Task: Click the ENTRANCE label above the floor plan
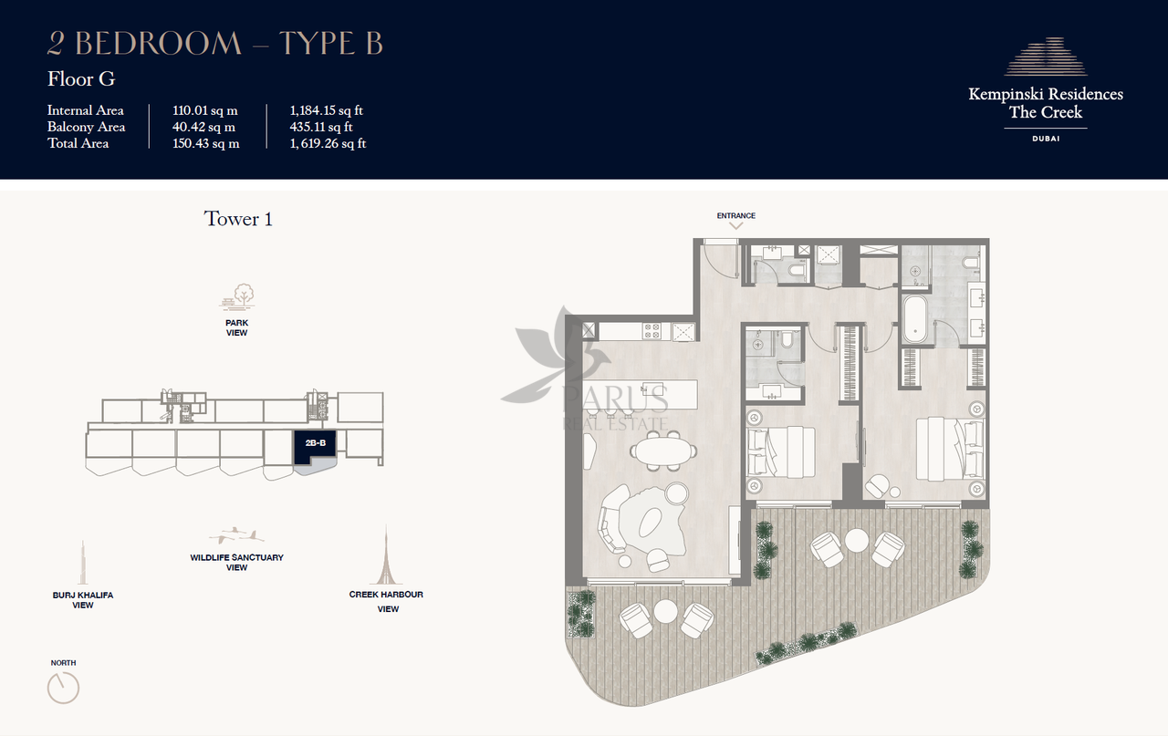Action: (735, 215)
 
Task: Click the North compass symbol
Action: (63, 688)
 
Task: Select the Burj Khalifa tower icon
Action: (82, 562)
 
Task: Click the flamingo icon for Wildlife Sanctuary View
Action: (236, 535)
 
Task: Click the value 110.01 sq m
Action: (205, 110)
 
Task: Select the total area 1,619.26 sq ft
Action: (328, 143)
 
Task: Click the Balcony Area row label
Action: (86, 127)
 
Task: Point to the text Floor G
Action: (81, 79)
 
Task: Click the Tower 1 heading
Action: (238, 219)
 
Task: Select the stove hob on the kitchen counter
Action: (652, 331)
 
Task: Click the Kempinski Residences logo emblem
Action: (1046, 57)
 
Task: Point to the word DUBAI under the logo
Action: (1046, 139)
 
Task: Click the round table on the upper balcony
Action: (857, 541)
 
